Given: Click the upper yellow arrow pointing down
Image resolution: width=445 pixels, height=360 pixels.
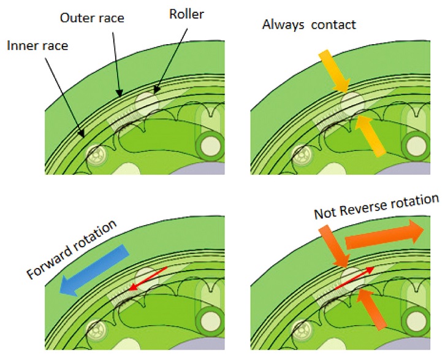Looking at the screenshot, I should pos(334,71).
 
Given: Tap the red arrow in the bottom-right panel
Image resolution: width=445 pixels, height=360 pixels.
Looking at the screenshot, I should pos(354,278).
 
